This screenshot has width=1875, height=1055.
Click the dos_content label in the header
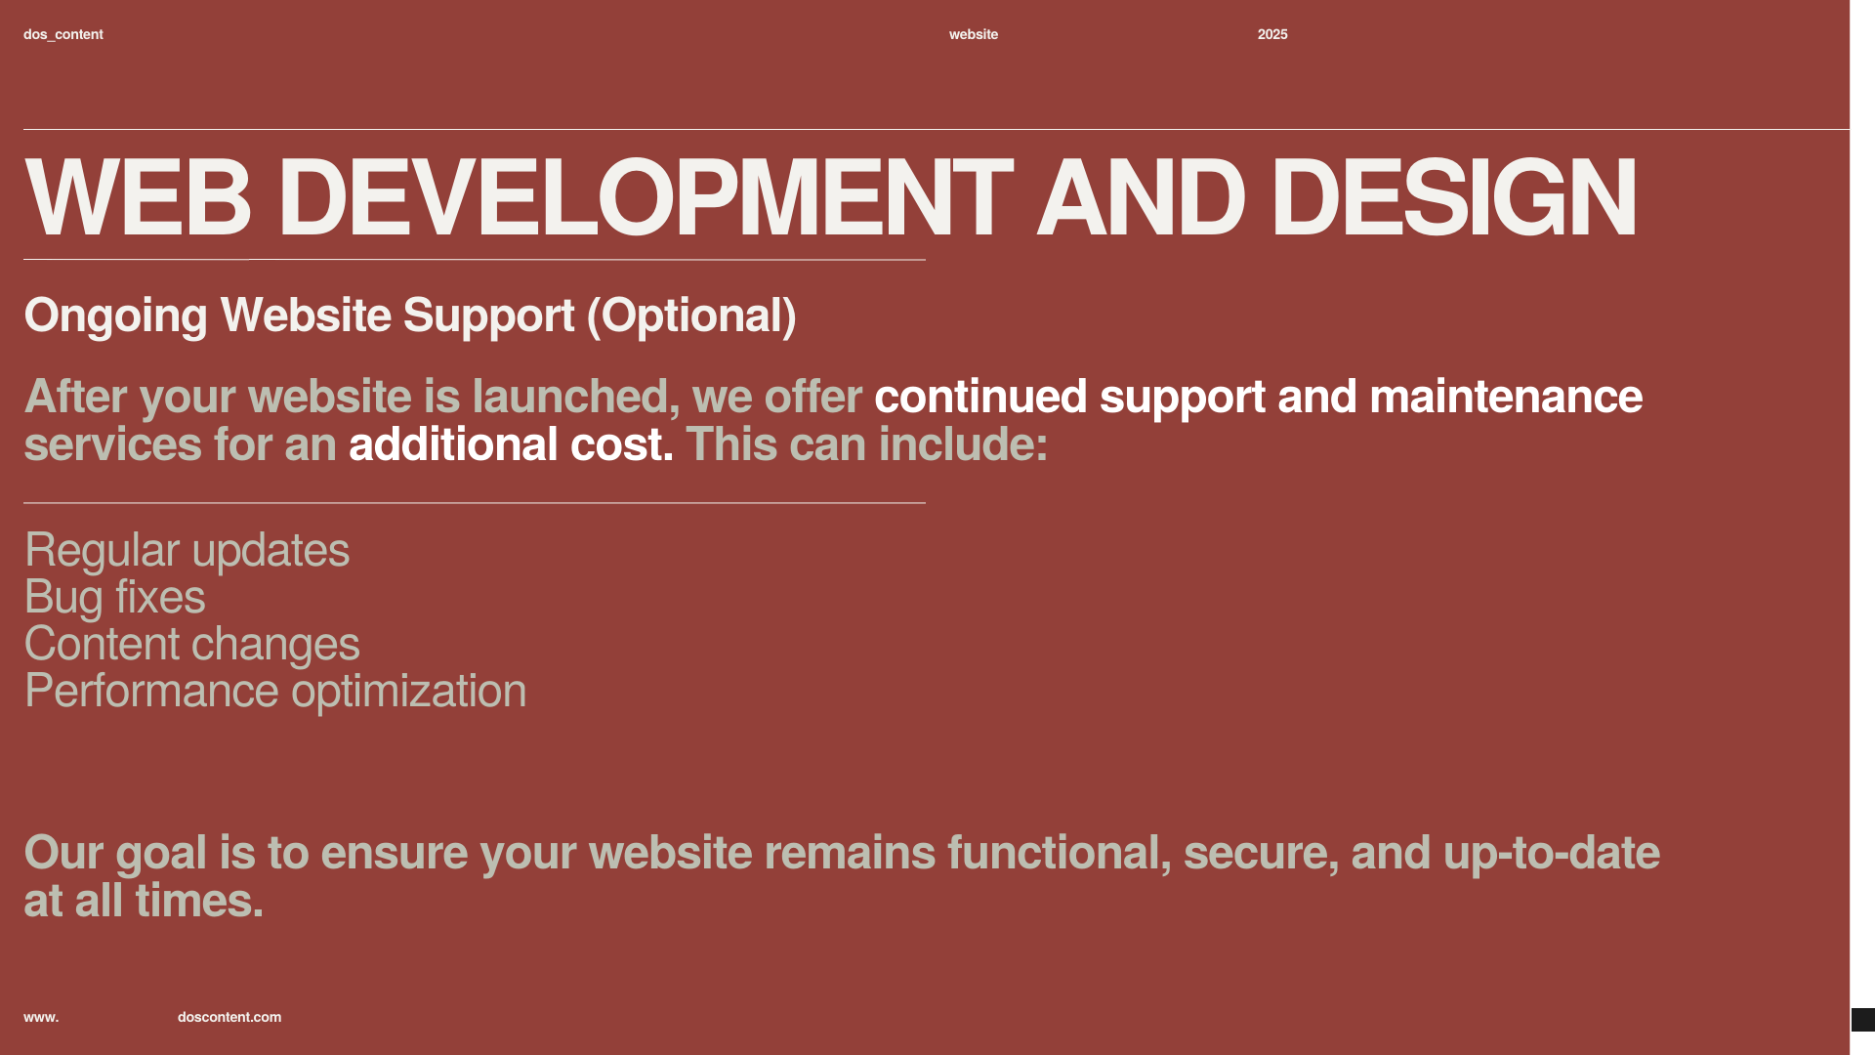coord(63,34)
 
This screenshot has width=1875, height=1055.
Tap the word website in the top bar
coord(974,34)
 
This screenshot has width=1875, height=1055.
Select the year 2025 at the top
coord(1272,34)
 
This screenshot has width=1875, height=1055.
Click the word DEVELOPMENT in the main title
coord(646,198)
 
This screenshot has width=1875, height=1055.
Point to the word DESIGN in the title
coord(1453,198)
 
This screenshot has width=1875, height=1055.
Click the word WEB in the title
coord(138,198)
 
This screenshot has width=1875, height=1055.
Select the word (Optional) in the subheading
coord(691,316)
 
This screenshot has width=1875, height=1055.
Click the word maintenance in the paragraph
coord(1506,397)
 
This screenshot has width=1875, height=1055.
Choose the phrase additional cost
coord(511,444)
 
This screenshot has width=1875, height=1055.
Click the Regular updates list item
coord(187,551)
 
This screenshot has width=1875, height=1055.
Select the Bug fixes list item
coord(115,598)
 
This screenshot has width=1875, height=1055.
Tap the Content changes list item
coord(192,645)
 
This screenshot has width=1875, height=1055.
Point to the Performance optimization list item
coord(275,692)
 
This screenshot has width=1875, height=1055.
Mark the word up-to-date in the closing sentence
coord(1552,854)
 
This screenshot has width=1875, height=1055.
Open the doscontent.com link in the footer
coord(229,1017)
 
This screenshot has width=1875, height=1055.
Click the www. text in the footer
coord(41,1017)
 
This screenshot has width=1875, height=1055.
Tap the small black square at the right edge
coord(1863,1020)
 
